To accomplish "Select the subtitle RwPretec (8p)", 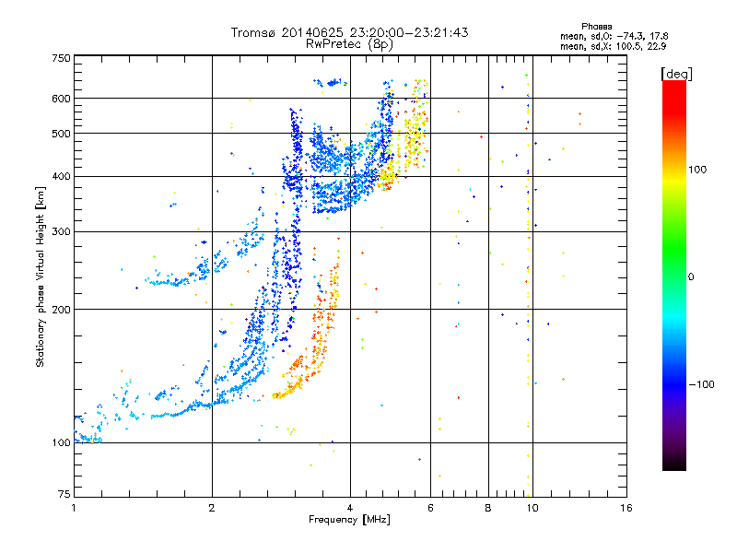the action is pos(349,44).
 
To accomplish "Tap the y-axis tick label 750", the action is pos(61,58).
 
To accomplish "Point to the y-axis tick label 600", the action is pos(61,99).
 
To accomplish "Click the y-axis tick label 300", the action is pos(61,231).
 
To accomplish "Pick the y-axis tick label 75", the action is pos(64,494).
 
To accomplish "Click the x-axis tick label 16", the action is pos(626,508).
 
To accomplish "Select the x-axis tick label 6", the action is pos(430,508).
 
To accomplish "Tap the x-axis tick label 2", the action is pos(212,508).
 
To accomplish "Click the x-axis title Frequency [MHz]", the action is pos(349,520).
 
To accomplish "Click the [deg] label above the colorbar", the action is pos(676,74).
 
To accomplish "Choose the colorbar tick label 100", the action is pos(697,170).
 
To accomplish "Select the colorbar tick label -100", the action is pos(701,384).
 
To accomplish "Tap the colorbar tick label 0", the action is pos(691,277).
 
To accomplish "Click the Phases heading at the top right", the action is pos(596,27).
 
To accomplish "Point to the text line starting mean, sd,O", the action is pos(614,36).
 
